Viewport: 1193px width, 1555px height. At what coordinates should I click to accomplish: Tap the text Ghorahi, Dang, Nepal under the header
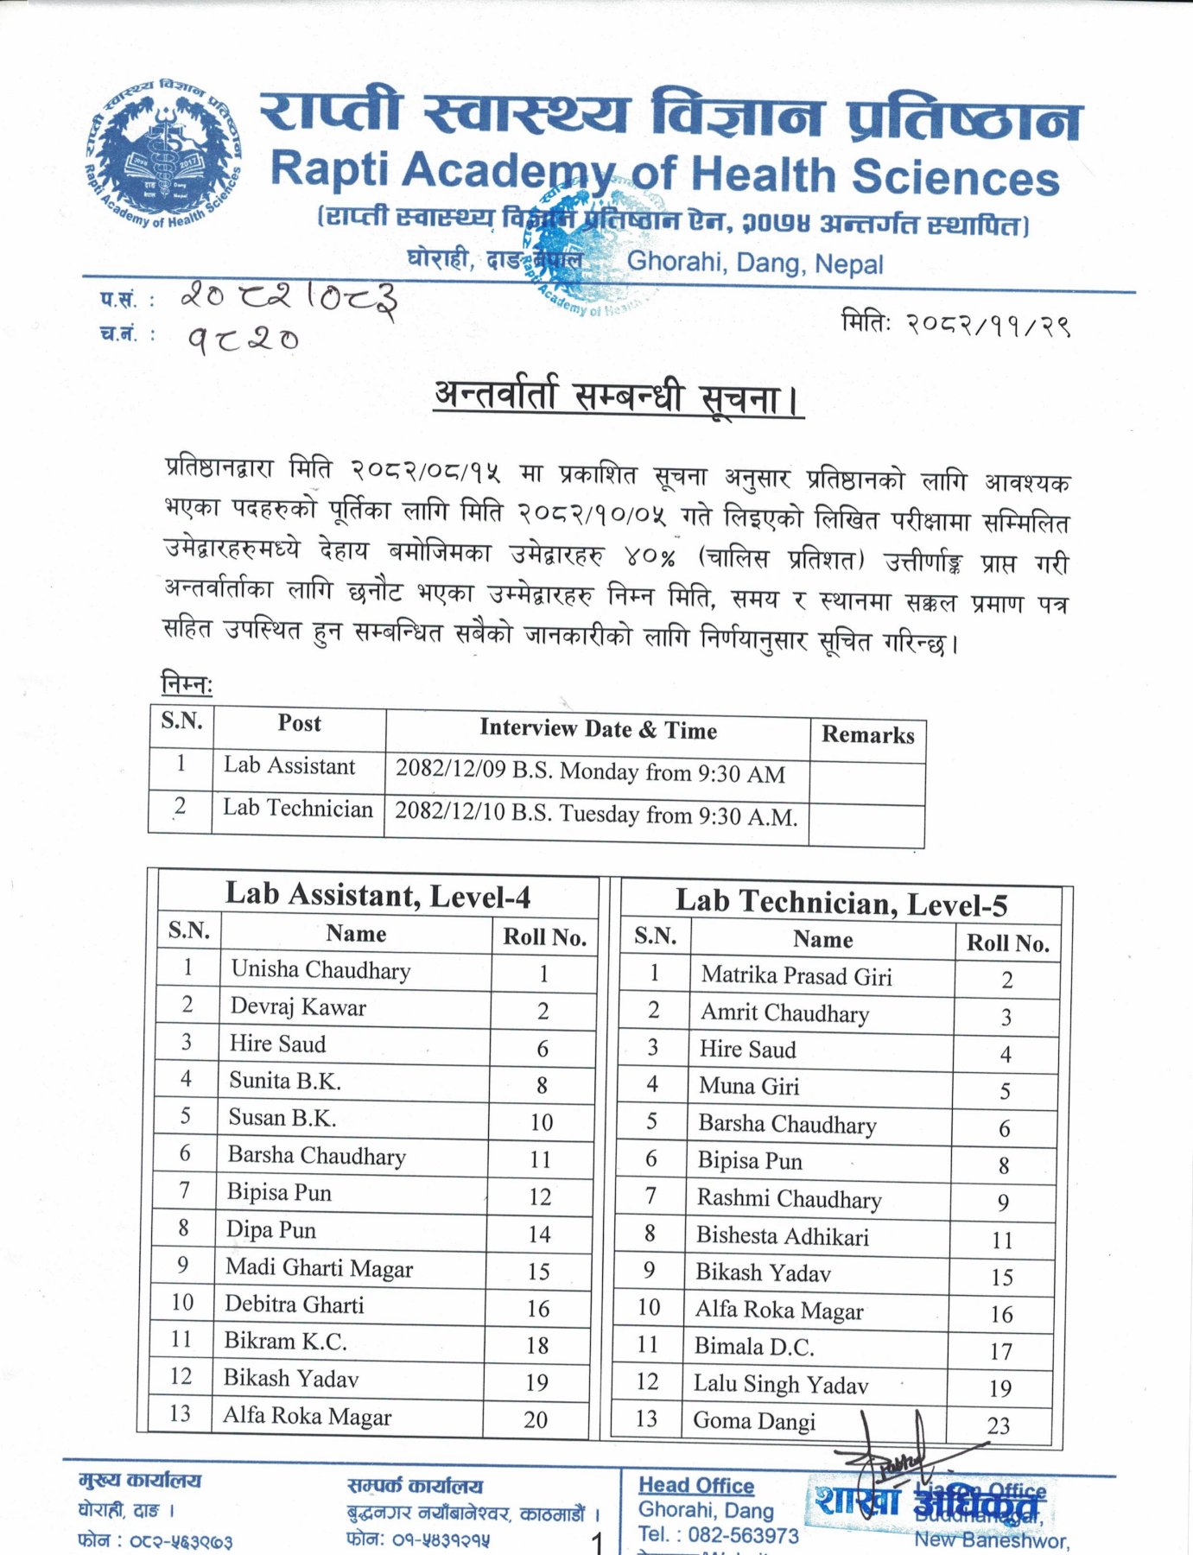(x=755, y=262)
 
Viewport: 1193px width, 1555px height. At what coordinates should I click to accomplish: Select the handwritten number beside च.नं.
(x=244, y=340)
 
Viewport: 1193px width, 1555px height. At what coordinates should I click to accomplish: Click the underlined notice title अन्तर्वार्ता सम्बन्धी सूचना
(x=618, y=398)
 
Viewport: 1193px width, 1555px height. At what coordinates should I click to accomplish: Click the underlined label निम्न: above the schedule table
(x=187, y=684)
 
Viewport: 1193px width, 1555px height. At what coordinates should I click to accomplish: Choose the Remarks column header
(x=867, y=735)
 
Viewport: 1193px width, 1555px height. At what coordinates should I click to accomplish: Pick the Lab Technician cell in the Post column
(x=298, y=809)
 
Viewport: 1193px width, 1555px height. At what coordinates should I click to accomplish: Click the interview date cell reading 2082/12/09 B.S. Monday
(x=590, y=772)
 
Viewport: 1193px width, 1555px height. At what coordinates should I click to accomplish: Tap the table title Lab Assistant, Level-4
(x=378, y=896)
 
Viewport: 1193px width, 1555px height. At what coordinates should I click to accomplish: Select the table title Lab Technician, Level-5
(x=841, y=904)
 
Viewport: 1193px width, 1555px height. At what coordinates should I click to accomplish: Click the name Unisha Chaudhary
(x=320, y=970)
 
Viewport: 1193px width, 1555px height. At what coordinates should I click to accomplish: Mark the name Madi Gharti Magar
(x=319, y=1268)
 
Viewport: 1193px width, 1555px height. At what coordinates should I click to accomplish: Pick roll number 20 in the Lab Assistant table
(x=536, y=1419)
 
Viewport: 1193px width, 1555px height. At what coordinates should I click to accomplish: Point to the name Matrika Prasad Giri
(x=796, y=976)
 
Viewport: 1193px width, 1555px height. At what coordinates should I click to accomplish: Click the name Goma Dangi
(x=754, y=1421)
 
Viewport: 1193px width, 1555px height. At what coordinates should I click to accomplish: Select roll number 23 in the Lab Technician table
(x=999, y=1425)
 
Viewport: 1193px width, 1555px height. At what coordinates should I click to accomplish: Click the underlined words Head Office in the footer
(x=696, y=1485)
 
